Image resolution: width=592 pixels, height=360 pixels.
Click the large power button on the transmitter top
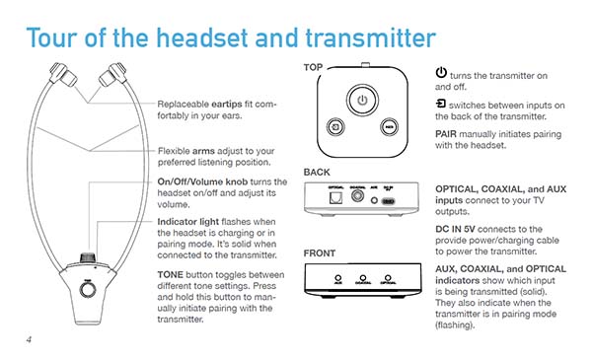coord(362,100)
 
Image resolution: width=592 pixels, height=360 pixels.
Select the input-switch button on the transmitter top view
coord(335,128)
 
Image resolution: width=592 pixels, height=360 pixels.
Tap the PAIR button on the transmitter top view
coord(390,128)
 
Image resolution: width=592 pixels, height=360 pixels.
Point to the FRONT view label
coord(321,252)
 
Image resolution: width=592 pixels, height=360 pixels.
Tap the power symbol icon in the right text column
coord(440,74)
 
